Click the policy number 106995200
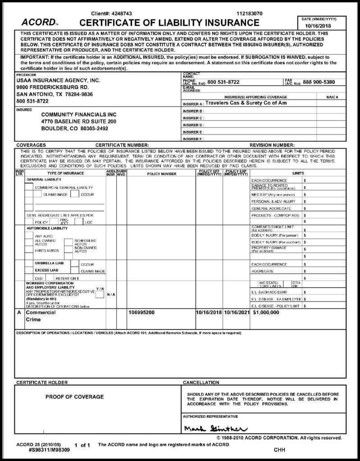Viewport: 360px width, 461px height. click(142, 312)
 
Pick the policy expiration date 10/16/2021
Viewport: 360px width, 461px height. click(236, 312)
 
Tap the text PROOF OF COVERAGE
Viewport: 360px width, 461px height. click(74, 397)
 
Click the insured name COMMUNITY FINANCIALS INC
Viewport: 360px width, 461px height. click(79, 115)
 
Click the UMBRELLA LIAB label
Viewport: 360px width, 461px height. click(49, 263)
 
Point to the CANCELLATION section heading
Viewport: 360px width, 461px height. click(201, 382)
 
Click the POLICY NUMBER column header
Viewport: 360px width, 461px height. click(162, 173)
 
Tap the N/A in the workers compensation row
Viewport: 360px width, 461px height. click(111, 294)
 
